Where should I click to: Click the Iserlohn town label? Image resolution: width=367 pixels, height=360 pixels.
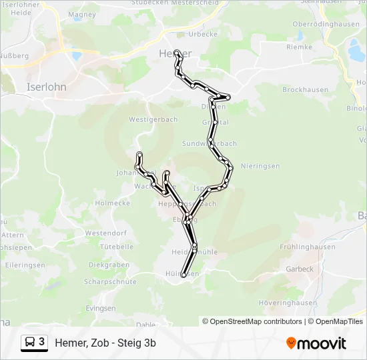[45, 87]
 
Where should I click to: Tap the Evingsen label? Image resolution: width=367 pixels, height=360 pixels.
[101, 309]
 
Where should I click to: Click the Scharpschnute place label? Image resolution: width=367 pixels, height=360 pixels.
[110, 282]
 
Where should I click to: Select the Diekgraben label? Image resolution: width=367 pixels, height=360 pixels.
[109, 265]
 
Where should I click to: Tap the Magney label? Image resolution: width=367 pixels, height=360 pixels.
[82, 14]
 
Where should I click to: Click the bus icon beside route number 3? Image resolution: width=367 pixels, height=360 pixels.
[31, 343]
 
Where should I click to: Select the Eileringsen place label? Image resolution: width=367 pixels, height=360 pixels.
[24, 265]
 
